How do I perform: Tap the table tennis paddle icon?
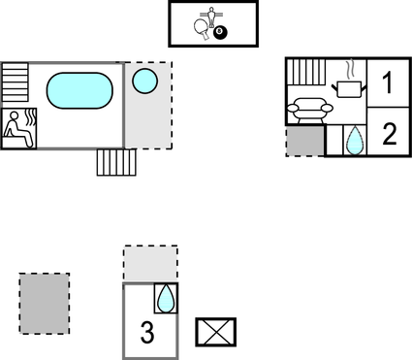200,30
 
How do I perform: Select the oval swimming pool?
79,90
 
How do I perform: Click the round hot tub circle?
144,80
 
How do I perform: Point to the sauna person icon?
18,128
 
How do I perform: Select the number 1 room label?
389,82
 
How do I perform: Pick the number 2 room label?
389,134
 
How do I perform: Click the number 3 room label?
146,333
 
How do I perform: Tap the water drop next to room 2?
355,140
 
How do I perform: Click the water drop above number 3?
166,298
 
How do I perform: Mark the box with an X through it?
210,332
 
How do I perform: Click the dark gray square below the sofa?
303,141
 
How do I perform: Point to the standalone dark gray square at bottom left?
45,303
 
